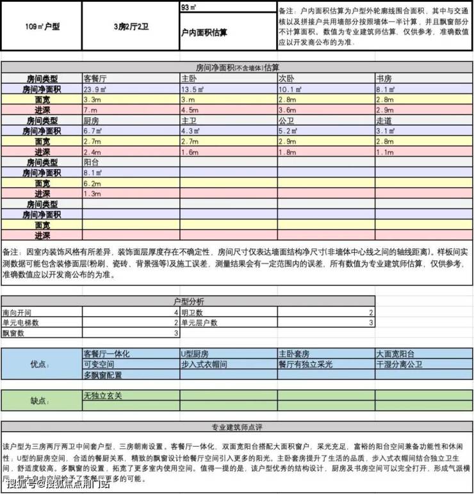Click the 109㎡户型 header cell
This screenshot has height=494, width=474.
click(42, 27)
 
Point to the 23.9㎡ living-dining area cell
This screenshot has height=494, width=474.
click(96, 90)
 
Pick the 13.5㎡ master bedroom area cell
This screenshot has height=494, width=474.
click(192, 90)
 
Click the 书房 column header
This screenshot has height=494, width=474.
click(384, 79)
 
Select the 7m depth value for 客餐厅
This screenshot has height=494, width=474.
click(89, 110)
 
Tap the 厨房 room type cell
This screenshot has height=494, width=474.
click(91, 120)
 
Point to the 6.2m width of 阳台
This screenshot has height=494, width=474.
click(92, 182)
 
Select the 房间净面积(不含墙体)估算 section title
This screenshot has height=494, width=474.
click(237, 67)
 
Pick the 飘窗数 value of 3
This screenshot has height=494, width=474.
click(176, 333)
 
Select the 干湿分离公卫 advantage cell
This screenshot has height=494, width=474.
click(400, 363)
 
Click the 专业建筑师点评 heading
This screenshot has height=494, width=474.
click(237, 427)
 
